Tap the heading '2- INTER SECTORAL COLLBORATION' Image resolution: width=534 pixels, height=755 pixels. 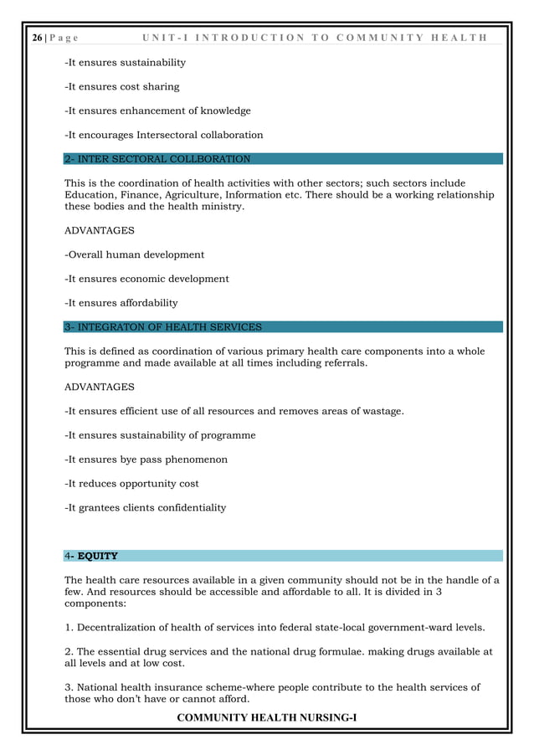tap(157, 159)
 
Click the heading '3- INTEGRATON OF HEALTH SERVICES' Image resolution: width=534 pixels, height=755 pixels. tap(163, 327)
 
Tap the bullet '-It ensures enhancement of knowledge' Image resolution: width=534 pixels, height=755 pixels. tap(157, 110)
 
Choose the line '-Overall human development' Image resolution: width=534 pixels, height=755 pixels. tap(135, 254)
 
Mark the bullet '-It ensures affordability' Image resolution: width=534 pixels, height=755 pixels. tap(121, 303)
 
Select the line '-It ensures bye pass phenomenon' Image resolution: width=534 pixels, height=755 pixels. tap(146, 460)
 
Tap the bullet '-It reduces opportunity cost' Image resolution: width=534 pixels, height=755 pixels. tap(131, 484)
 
